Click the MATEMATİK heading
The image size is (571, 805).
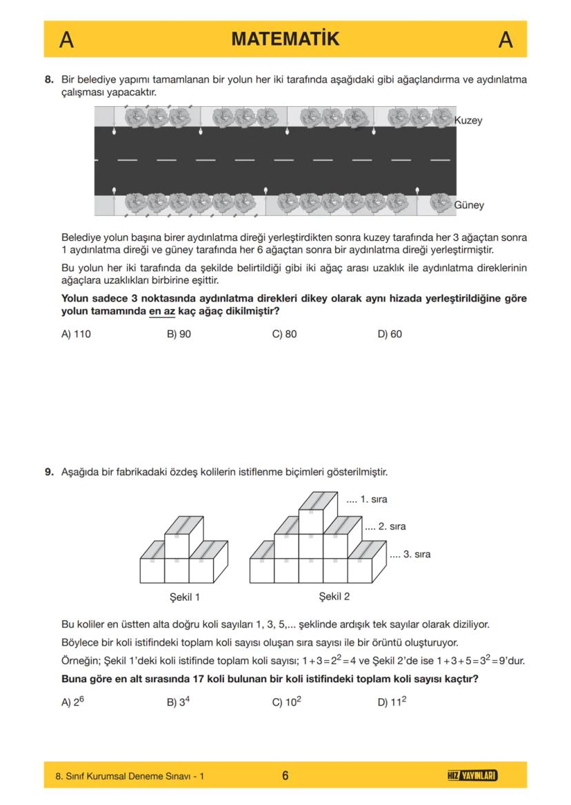(x=285, y=39)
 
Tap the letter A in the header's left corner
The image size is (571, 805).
(x=66, y=40)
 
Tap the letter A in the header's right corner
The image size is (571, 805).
(x=505, y=40)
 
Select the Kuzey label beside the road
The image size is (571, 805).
(x=468, y=121)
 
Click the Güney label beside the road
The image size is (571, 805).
(x=469, y=205)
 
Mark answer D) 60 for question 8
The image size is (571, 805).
(x=390, y=334)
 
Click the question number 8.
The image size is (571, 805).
(x=49, y=80)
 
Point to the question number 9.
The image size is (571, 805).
(x=49, y=473)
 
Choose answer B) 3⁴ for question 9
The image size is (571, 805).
(x=179, y=702)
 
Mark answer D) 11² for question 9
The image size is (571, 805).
(x=391, y=702)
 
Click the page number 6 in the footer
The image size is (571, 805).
(x=285, y=776)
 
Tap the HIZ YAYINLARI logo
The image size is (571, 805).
(x=472, y=776)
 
